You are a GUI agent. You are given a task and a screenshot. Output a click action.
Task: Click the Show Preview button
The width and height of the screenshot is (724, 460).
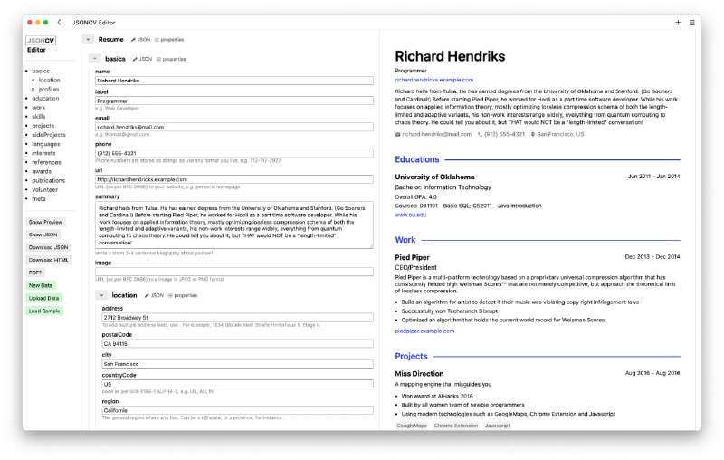tap(45, 222)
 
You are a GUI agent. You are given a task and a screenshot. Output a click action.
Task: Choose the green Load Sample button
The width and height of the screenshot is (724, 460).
tap(45, 311)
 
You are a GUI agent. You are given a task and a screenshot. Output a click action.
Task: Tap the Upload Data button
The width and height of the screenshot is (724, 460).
tap(44, 298)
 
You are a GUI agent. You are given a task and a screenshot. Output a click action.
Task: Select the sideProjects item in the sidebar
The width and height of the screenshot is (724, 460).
tap(49, 134)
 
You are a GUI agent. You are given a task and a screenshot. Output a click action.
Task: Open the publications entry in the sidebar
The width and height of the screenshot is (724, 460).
tap(49, 180)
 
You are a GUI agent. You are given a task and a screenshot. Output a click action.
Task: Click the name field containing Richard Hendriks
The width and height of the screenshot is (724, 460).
tap(233, 81)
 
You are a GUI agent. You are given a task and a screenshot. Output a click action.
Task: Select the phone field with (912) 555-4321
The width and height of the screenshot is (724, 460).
tap(233, 152)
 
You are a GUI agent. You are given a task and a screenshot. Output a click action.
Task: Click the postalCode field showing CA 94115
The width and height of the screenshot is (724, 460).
tap(237, 344)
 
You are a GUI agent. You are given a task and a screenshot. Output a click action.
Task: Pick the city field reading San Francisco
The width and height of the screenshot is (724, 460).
tap(237, 364)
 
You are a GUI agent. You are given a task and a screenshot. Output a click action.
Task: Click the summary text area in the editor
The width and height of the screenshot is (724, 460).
tap(233, 225)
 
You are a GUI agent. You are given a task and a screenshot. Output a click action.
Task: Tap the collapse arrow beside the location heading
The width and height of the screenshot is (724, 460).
tap(103, 295)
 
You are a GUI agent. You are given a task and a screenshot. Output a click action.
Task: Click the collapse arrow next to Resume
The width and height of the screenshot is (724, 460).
tap(88, 40)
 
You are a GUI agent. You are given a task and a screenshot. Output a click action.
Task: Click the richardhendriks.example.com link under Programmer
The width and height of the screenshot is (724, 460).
tap(434, 80)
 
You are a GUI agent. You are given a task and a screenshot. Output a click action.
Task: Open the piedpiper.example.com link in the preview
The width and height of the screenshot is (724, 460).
tap(424, 331)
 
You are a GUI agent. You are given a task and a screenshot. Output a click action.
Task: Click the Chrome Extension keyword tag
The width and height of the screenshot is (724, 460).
tap(456, 425)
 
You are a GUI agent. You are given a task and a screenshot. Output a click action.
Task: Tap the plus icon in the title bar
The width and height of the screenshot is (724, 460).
tap(678, 22)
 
